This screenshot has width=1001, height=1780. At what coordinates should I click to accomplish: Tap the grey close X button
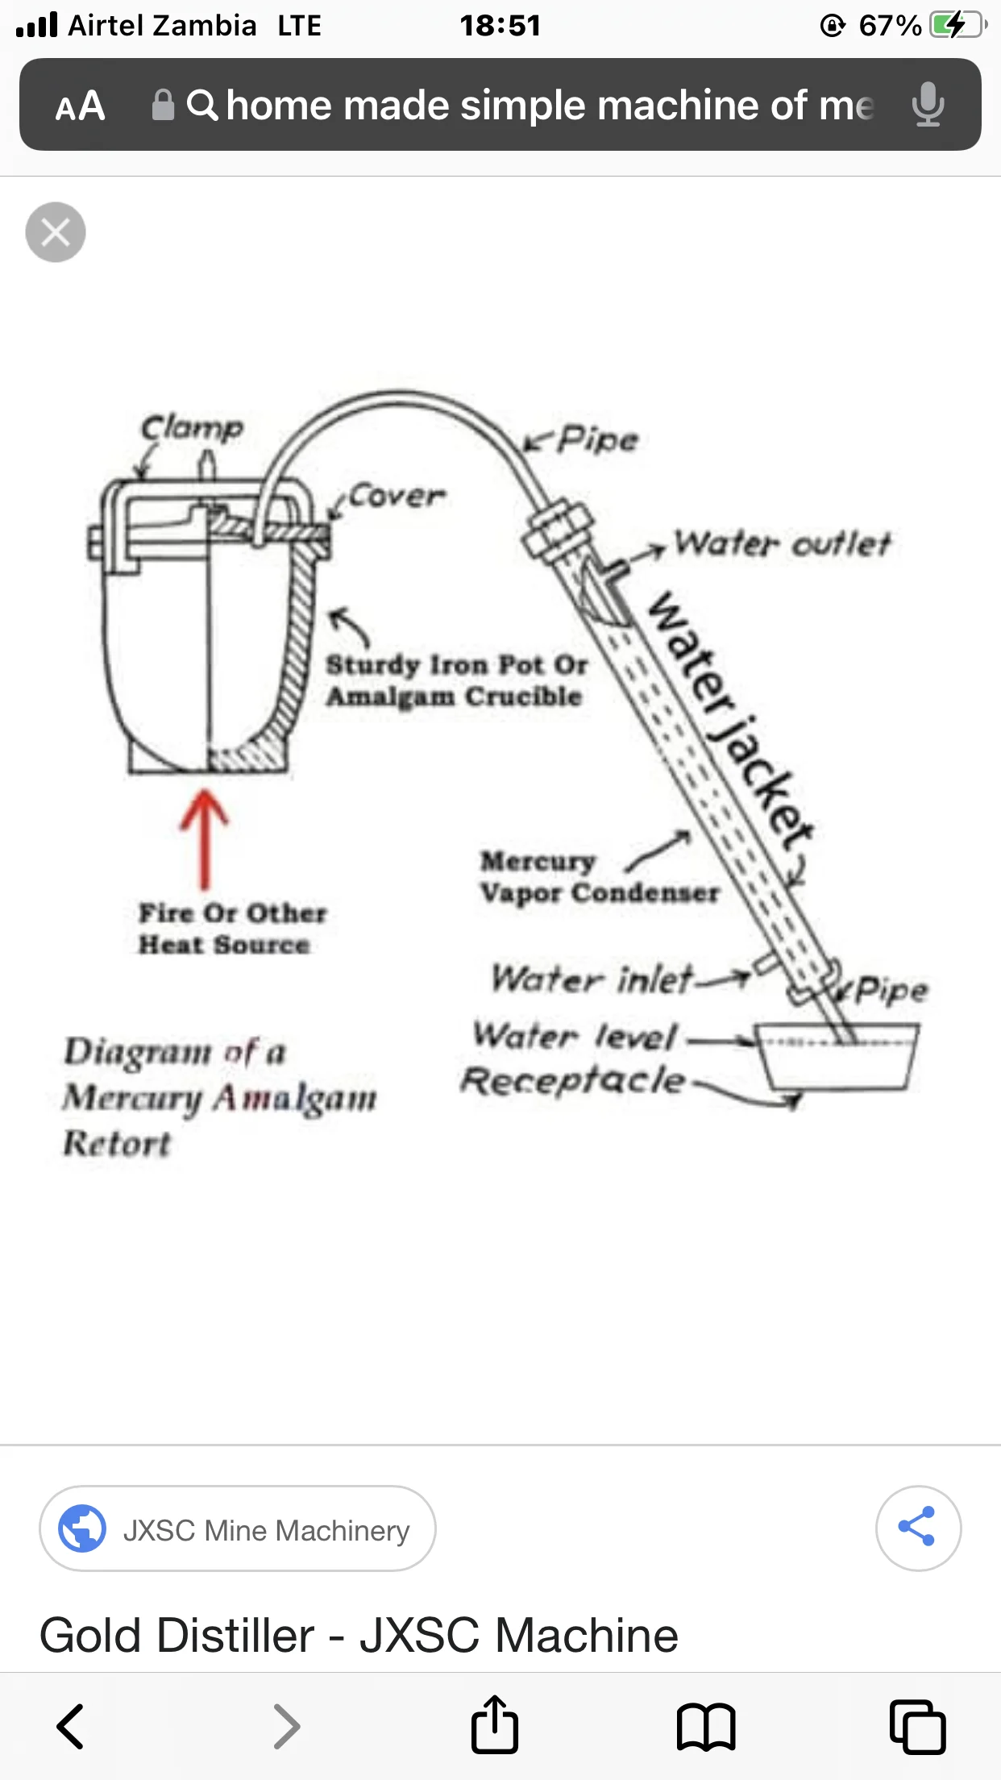[x=56, y=232]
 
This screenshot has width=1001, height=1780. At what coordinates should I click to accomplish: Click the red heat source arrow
[x=204, y=838]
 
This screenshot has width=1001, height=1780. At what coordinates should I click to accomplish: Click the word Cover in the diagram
[x=397, y=495]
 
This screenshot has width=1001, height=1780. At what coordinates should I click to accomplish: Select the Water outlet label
[x=782, y=543]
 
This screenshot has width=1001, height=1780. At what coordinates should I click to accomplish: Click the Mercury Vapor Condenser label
[x=600, y=877]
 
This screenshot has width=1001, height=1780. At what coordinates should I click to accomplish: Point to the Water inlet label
[x=592, y=979]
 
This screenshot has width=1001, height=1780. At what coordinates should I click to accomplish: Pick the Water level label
[x=575, y=1035]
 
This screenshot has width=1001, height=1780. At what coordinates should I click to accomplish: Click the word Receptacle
[x=573, y=1080]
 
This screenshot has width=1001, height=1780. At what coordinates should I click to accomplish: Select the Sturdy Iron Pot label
[x=456, y=680]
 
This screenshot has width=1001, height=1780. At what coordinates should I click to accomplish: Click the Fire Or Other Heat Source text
[x=232, y=929]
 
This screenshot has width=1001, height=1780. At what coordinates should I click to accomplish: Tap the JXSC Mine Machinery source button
[x=238, y=1528]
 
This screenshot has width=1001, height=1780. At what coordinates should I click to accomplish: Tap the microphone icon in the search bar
[x=928, y=105]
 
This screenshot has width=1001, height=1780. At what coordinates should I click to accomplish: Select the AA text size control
[x=80, y=106]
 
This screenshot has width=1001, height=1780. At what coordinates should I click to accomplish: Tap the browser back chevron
[x=70, y=1726]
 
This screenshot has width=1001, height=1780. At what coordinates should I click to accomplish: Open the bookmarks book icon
[x=706, y=1726]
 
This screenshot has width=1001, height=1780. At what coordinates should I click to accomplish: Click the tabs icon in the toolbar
[x=917, y=1726]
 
